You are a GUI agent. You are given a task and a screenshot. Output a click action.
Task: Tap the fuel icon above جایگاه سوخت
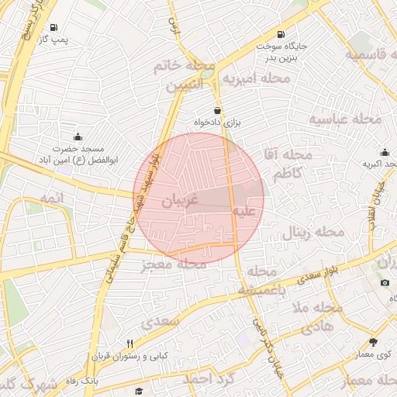[279, 35]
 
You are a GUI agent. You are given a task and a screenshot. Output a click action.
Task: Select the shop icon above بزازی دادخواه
[217, 111]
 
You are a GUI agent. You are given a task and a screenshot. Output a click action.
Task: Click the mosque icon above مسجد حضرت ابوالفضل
[77, 136]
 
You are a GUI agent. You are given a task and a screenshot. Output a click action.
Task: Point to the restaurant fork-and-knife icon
[129, 343]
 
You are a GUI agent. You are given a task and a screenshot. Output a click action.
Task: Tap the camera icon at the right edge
[385, 282]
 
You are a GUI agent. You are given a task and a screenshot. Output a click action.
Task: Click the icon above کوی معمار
[373, 342]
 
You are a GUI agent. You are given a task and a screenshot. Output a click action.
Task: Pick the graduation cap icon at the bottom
[139, 392]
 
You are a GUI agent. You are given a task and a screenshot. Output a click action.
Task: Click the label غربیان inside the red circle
[180, 201]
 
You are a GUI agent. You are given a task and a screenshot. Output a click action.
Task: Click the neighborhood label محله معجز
[174, 265]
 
